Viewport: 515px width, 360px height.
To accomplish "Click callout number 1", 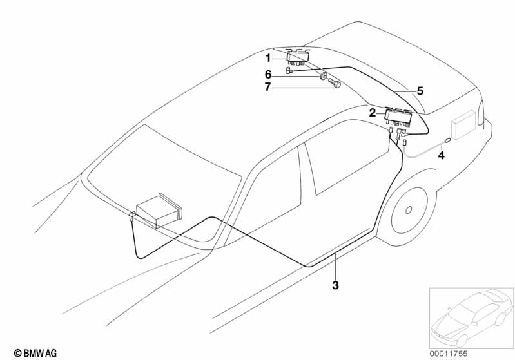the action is coord(268,59).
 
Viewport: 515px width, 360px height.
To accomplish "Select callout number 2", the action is coord(372,113).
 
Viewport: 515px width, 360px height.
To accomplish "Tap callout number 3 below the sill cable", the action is coord(335,285).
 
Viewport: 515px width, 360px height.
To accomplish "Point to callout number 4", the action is coord(442,156).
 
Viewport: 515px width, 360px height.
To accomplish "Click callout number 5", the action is coord(420,91).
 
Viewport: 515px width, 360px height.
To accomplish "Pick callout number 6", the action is coord(268,75).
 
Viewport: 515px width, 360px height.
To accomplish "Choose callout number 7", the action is coord(268,87).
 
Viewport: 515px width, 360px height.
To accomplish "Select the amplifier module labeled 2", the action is coord(398,117).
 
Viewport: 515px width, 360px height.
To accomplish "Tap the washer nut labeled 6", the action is coord(324,77).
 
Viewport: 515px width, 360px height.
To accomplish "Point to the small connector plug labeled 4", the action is coord(447,140).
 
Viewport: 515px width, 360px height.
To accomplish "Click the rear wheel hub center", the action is coord(409,210).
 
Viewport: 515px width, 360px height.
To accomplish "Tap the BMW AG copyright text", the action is coord(35,353).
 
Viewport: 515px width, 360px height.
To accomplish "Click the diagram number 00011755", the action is coord(449,354).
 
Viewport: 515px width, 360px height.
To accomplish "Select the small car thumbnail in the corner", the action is coord(471,317).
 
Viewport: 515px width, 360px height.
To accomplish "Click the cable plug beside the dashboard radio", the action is coord(132,216).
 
